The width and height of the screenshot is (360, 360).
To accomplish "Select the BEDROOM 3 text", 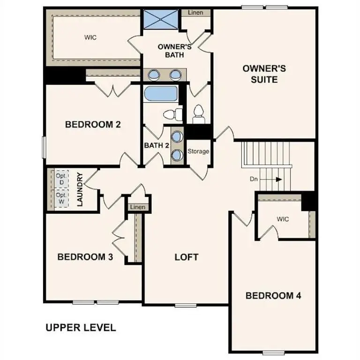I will (x=85, y=257).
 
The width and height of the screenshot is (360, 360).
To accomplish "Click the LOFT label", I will (x=187, y=257).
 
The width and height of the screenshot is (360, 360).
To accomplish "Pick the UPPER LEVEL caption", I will (x=80, y=328).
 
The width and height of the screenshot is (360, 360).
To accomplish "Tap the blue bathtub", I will (x=160, y=93).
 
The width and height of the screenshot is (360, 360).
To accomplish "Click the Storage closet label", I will (x=198, y=151).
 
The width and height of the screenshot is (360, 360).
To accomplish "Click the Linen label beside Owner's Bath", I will (x=195, y=13).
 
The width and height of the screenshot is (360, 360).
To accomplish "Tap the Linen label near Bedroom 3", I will (x=137, y=207).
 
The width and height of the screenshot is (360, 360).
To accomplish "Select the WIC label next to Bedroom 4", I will (x=283, y=218).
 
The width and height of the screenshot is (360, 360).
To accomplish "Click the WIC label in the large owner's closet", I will (x=90, y=37).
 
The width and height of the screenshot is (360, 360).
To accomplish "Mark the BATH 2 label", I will (x=157, y=145).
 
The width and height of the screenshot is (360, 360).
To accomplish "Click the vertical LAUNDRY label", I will (x=80, y=189).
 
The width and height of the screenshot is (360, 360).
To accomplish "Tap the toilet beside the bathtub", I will (x=172, y=113).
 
